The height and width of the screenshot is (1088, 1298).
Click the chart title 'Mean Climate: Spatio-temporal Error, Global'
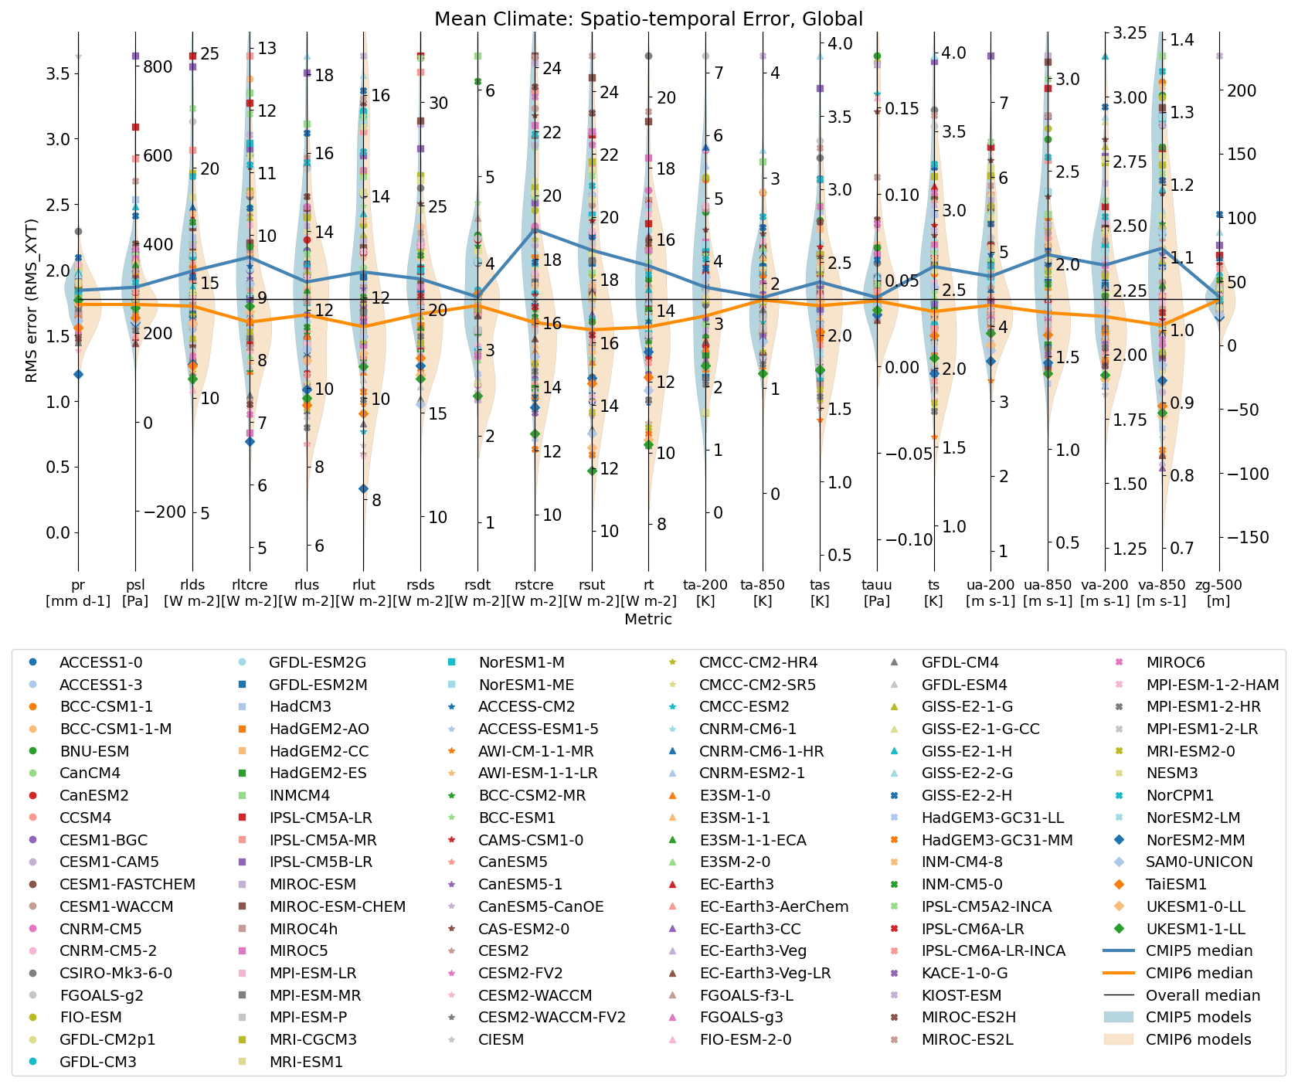pyautogui.click(x=648, y=19)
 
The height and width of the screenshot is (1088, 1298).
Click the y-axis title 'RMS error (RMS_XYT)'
pyautogui.click(x=31, y=301)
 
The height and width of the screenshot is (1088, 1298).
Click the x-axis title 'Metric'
pyautogui.click(x=648, y=619)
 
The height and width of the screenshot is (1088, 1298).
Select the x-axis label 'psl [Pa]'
pyautogui.click(x=135, y=593)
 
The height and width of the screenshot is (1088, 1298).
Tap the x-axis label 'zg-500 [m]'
pyautogui.click(x=1219, y=593)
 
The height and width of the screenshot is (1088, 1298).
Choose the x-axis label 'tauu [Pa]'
pyautogui.click(x=877, y=593)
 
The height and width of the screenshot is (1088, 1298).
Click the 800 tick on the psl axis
pyautogui.click(x=158, y=67)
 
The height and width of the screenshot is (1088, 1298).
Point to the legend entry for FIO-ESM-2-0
pyautogui.click(x=745, y=1039)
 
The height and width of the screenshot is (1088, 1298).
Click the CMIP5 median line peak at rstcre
pyautogui.click(x=535, y=229)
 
